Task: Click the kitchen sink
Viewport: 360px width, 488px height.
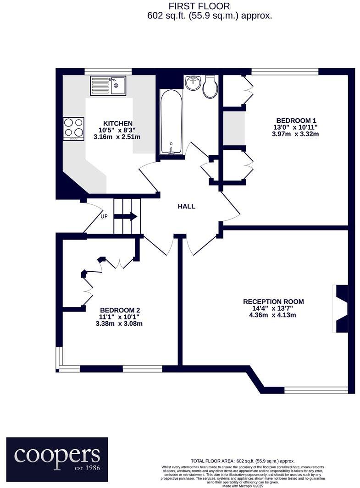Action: (108, 85)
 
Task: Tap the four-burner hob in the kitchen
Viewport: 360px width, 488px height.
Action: (74, 128)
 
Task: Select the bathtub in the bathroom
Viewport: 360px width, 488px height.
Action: (171, 122)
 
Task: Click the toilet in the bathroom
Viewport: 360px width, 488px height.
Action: (210, 87)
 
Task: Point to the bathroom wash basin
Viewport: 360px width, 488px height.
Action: (193, 83)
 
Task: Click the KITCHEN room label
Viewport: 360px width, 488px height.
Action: (118, 124)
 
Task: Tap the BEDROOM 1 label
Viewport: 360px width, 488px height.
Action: (295, 119)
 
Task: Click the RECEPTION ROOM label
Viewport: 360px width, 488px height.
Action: (273, 302)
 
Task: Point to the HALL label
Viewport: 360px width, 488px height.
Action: (187, 207)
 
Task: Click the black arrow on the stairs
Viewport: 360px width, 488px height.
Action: (130, 216)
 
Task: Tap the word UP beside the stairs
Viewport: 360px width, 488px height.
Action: (104, 217)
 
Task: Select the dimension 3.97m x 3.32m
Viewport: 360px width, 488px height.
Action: (295, 134)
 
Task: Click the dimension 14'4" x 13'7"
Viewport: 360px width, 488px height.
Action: (273, 308)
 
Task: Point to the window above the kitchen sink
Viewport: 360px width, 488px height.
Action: (108, 71)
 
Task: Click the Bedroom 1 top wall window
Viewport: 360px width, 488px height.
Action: (285, 71)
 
